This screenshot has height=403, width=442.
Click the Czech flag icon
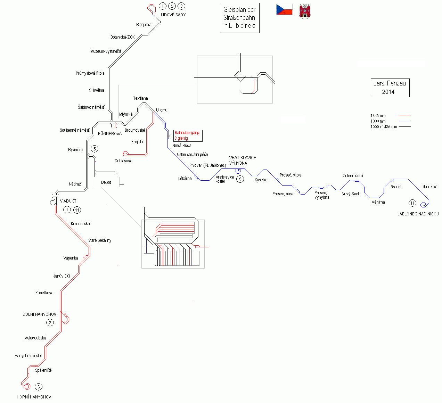click(x=284, y=10)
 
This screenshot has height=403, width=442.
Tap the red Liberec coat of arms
click(x=305, y=11)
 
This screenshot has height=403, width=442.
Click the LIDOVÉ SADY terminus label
click(x=173, y=15)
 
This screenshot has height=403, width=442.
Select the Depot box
click(x=106, y=182)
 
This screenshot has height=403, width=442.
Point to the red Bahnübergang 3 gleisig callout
click(x=188, y=135)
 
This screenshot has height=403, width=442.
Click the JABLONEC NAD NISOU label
click(x=418, y=214)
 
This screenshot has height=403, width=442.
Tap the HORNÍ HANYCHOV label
click(x=34, y=397)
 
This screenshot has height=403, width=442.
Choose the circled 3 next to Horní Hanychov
click(x=39, y=387)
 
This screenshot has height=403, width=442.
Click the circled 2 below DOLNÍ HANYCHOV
click(x=50, y=323)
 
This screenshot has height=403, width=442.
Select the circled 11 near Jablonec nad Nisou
click(x=412, y=203)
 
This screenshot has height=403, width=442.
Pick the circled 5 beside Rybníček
click(x=94, y=149)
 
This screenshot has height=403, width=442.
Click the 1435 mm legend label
click(x=378, y=116)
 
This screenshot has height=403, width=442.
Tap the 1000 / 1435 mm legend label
click(x=384, y=127)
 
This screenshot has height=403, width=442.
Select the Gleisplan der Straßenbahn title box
click(x=239, y=18)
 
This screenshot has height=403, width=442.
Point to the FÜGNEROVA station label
click(x=110, y=134)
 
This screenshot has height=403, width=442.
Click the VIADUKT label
click(x=68, y=201)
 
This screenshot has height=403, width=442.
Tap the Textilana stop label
click(x=140, y=98)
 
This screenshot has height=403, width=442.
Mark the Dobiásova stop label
click(x=123, y=161)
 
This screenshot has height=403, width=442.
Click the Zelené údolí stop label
click(x=353, y=176)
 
